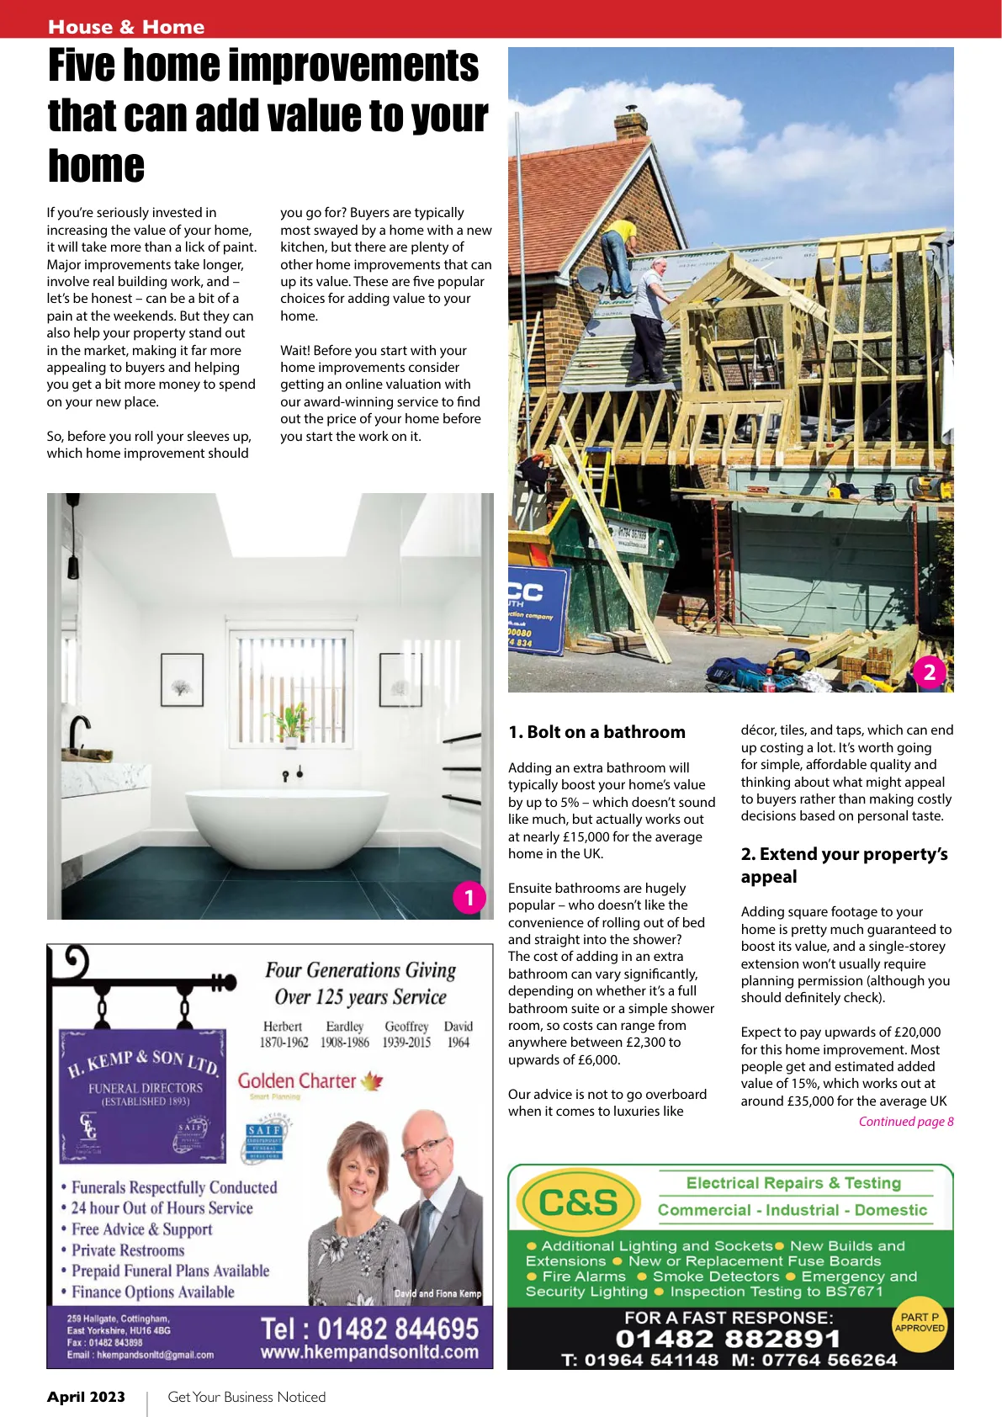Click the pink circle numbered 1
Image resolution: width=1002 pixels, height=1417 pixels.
click(469, 898)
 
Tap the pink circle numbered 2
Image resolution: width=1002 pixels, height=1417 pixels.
click(930, 672)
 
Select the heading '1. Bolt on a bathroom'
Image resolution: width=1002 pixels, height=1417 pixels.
click(596, 732)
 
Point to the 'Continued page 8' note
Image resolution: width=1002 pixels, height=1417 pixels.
click(905, 1122)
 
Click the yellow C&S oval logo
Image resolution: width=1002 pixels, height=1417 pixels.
click(578, 1202)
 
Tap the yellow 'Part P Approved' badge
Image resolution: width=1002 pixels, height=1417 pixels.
click(919, 1324)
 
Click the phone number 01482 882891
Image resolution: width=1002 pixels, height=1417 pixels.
click(728, 1339)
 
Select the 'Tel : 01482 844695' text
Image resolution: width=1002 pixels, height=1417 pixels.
click(369, 1329)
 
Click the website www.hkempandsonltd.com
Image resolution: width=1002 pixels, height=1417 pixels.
click(369, 1353)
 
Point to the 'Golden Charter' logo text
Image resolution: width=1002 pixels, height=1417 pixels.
click(297, 1081)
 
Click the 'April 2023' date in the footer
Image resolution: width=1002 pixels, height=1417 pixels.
click(86, 1397)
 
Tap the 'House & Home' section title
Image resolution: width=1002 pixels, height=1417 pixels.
click(126, 27)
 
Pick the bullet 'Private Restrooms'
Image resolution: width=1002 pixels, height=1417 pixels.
click(128, 1250)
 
